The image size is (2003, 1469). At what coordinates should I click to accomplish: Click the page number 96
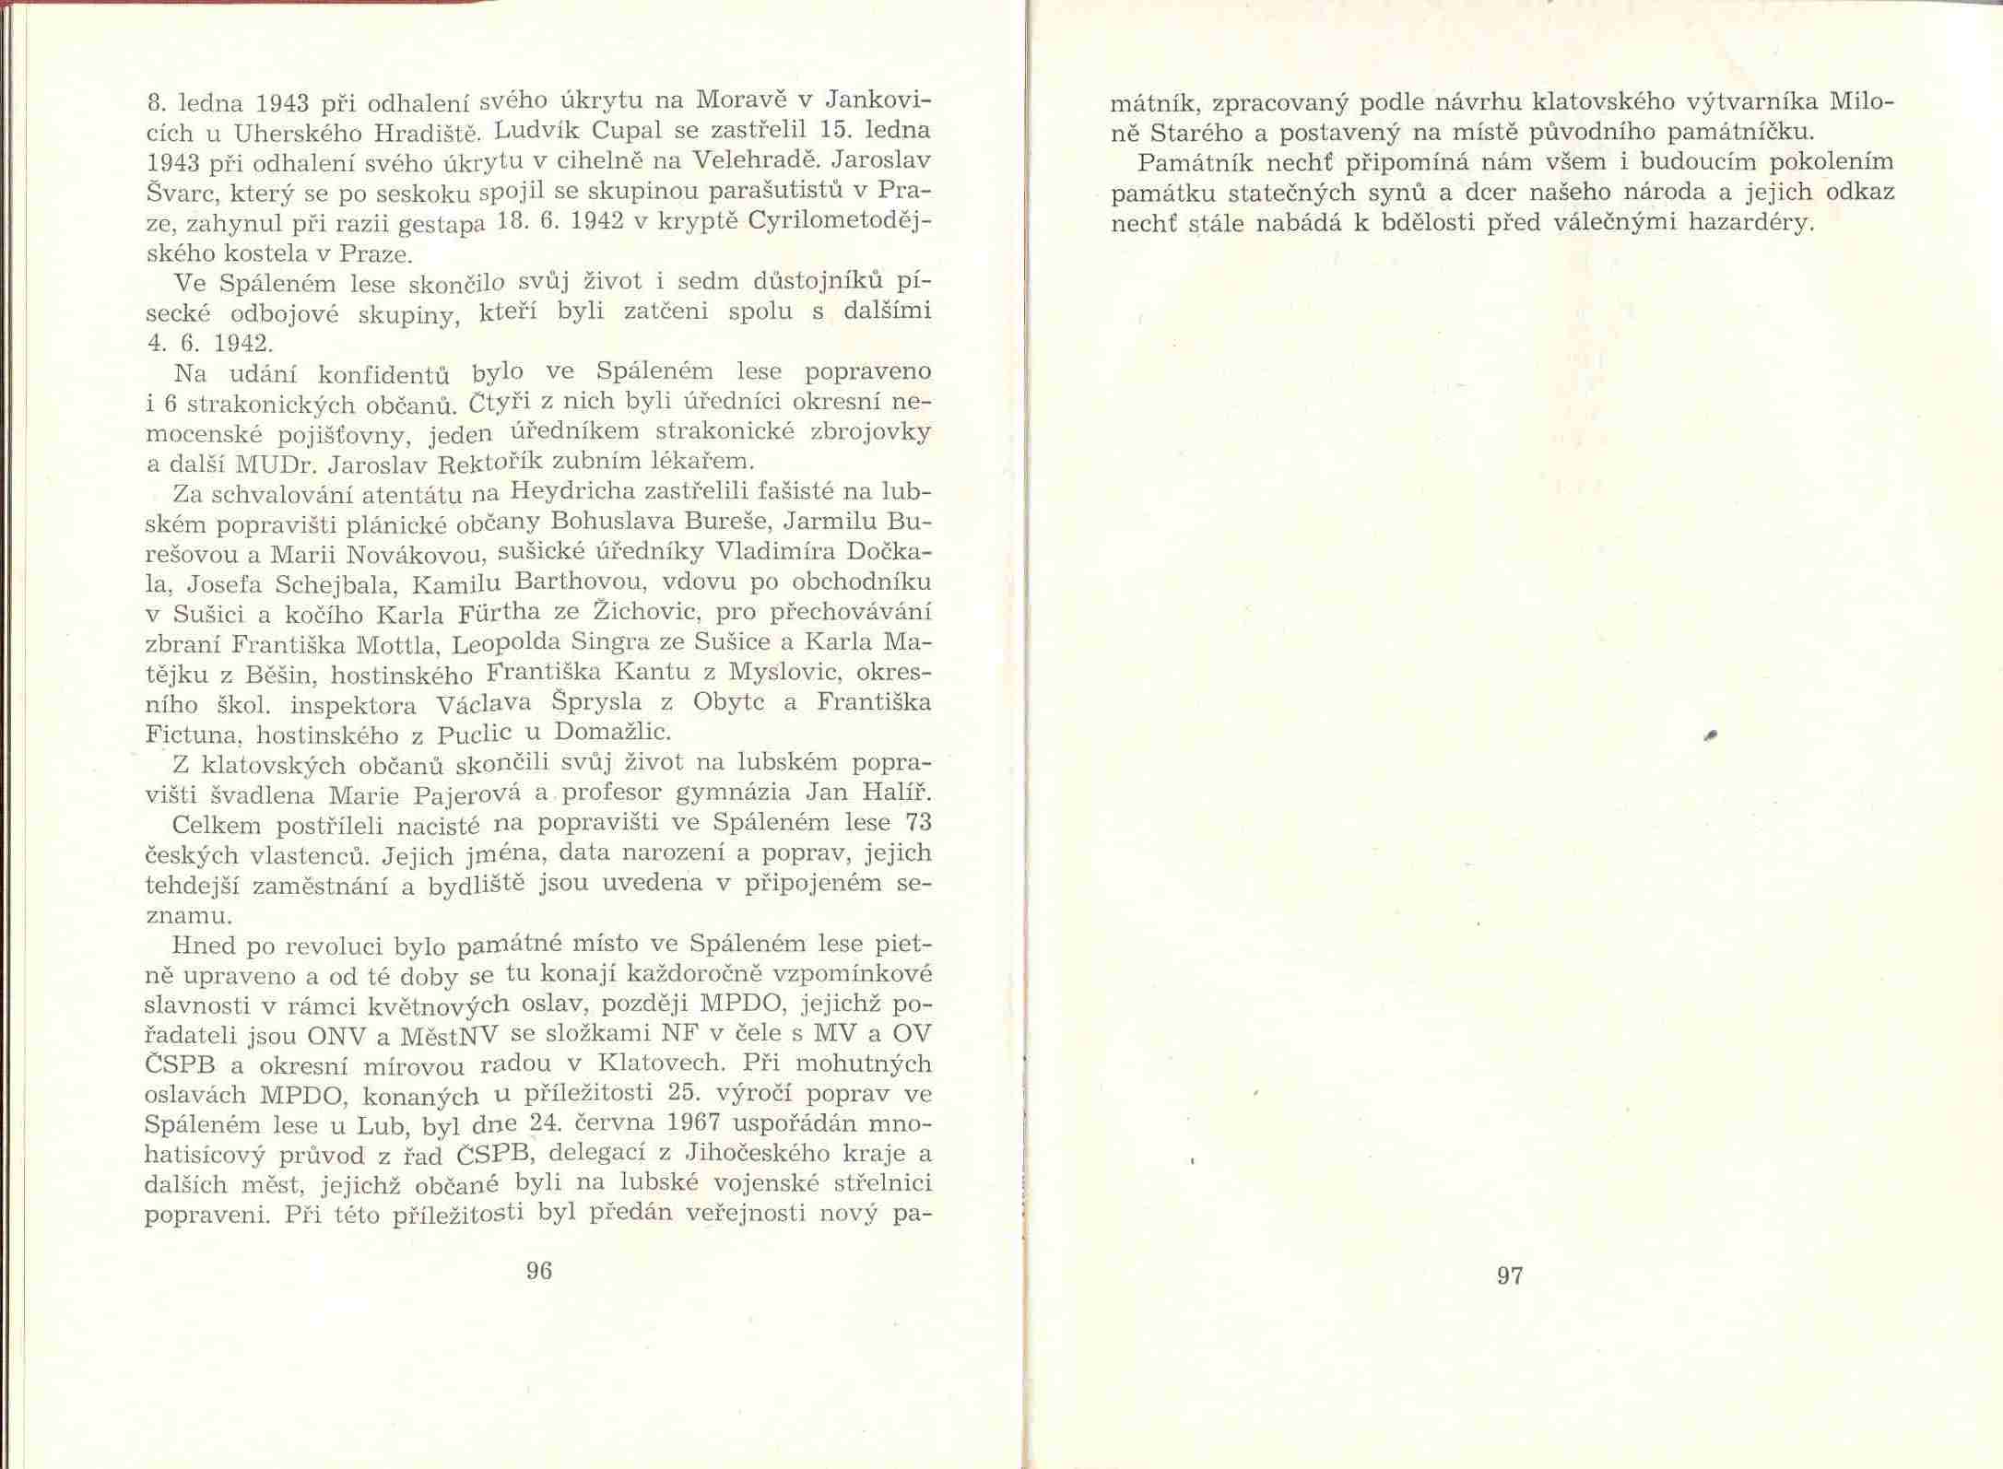[538, 1271]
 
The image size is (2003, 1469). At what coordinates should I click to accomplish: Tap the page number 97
[1510, 1275]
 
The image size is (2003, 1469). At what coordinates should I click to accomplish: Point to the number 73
[915, 820]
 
